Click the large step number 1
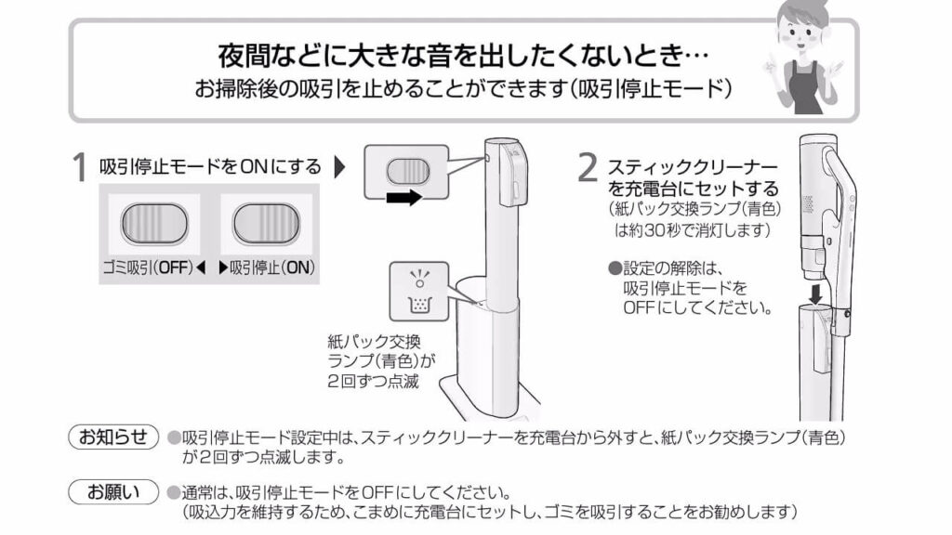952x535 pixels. click(81, 168)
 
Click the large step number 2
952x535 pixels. click(587, 168)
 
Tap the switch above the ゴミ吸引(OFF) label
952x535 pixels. click(153, 223)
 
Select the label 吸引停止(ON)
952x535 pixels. click(266, 267)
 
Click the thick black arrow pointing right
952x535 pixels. click(403, 197)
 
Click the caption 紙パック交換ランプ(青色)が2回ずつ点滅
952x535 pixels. click(381, 360)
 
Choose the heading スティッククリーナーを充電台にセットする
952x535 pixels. click(692, 177)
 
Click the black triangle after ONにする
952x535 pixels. click(338, 168)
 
